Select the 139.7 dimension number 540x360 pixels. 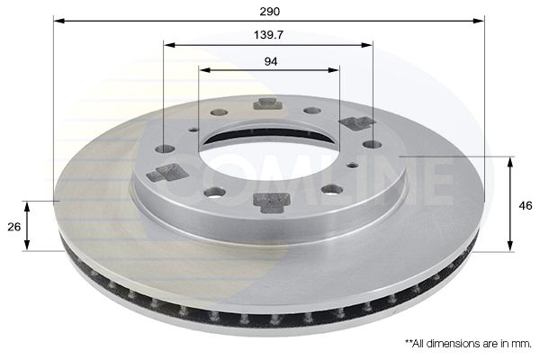pyautogui.click(x=269, y=35)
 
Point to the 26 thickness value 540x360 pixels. pyautogui.click(x=13, y=227)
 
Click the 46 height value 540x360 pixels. pyautogui.click(x=526, y=205)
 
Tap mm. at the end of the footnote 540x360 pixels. pyautogui.click(x=522, y=344)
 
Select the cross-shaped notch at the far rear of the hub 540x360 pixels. pyautogui.click(x=267, y=103)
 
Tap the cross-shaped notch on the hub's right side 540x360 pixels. pyautogui.click(x=356, y=122)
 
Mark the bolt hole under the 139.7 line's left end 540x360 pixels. pyautogui.click(x=164, y=148)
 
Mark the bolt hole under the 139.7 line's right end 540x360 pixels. pyautogui.click(x=371, y=144)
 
